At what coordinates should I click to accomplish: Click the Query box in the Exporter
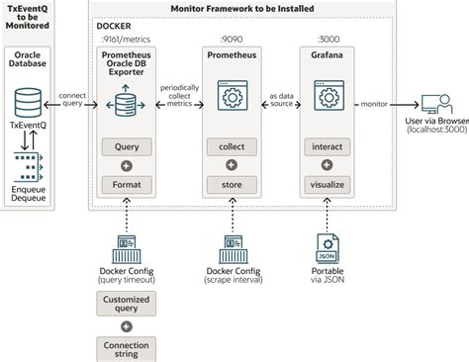click(x=127, y=146)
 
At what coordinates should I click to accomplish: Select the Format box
click(x=127, y=185)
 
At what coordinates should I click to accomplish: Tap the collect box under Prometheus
click(x=232, y=146)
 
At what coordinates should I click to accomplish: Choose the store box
click(x=232, y=185)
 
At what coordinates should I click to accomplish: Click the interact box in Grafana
click(x=327, y=146)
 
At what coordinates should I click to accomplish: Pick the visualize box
click(x=327, y=185)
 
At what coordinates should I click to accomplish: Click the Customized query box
click(x=127, y=304)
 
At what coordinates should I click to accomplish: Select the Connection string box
click(x=127, y=349)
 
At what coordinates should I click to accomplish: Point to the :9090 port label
click(x=232, y=40)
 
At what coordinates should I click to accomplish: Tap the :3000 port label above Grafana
click(x=328, y=40)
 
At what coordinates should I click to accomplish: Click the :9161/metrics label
click(x=126, y=40)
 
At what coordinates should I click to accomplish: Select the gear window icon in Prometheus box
click(x=233, y=95)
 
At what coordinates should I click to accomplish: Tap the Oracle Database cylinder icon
click(x=28, y=103)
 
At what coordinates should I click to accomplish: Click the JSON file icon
click(x=328, y=248)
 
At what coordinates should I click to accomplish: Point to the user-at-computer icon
click(x=436, y=104)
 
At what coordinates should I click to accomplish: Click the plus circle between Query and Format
click(x=127, y=166)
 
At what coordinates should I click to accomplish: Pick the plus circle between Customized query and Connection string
click(x=127, y=326)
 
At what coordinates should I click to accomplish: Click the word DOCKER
click(x=114, y=26)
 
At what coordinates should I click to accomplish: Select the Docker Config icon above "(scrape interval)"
click(x=234, y=249)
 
